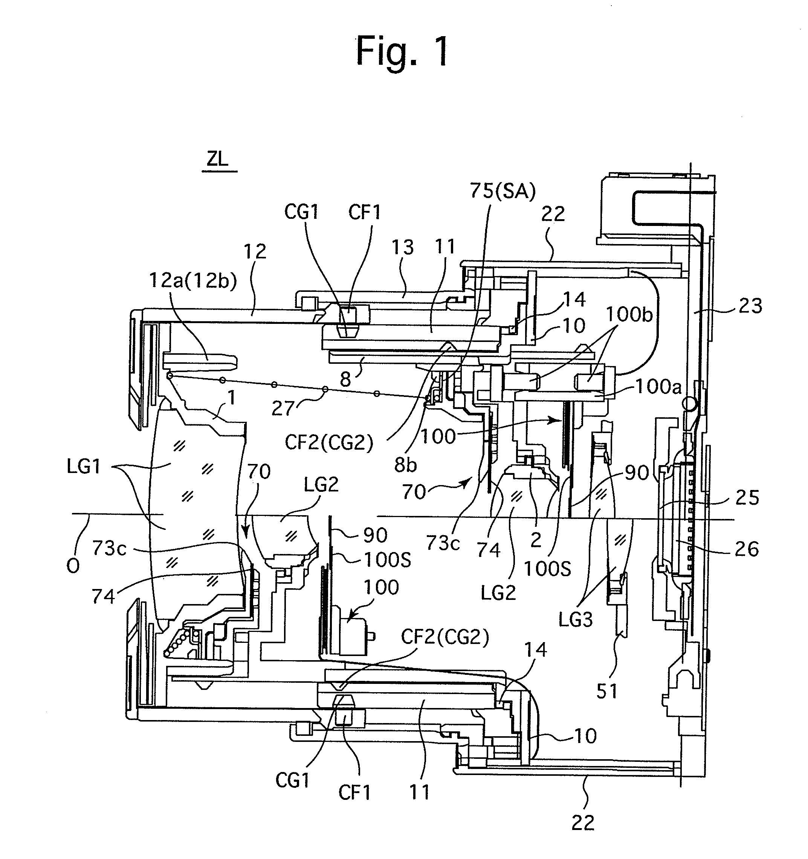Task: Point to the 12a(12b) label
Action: (x=193, y=281)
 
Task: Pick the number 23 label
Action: (x=750, y=306)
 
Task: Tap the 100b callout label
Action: (x=629, y=315)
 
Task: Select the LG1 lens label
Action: (x=84, y=467)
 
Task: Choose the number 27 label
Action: (x=283, y=408)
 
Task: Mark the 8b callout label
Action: (x=406, y=464)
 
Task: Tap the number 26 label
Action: (x=747, y=549)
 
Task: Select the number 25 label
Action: (x=747, y=498)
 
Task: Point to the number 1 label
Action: (x=232, y=398)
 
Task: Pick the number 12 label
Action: (x=255, y=252)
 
